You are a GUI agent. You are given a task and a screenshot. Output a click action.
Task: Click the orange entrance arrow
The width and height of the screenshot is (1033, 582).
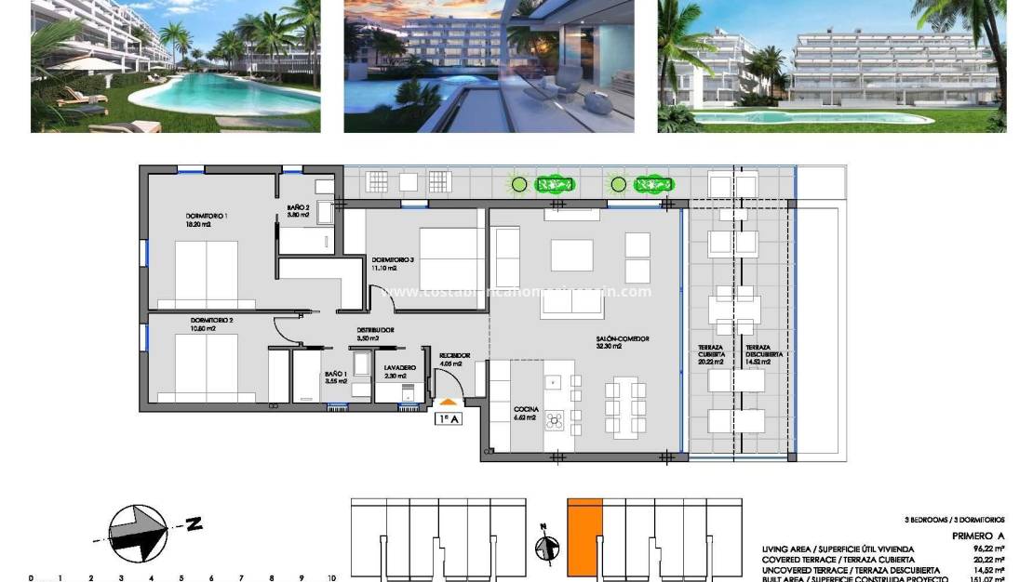click(x=449, y=401)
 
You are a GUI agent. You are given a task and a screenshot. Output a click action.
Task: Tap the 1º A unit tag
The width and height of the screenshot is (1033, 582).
click(x=449, y=418)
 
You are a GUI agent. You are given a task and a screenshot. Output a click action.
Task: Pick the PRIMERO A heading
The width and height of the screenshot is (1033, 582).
click(x=978, y=536)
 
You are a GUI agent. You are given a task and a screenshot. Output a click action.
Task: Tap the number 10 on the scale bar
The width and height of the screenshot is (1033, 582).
click(x=330, y=578)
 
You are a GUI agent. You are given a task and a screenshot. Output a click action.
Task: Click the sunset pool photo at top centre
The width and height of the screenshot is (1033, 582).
click(x=490, y=65)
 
